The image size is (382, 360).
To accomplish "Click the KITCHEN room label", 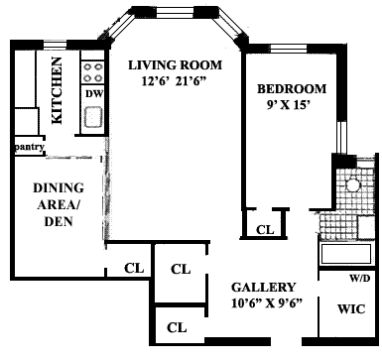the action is (58, 90).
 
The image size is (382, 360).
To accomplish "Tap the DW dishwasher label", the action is (94, 94).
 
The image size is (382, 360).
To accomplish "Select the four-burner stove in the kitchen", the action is (92, 72).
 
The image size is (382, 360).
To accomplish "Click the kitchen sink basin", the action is (93, 117).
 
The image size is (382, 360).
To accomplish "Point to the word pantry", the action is (30, 147).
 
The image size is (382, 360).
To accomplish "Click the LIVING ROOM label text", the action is (175, 65).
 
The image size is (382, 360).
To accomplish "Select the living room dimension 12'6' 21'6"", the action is (174, 81).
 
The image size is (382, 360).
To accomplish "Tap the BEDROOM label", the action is (292, 89).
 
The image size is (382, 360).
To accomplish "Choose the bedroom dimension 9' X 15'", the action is (290, 105).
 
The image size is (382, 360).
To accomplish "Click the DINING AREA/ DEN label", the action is (59, 204).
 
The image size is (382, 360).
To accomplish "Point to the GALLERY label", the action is (263, 288).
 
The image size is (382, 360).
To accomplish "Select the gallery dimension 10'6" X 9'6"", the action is (267, 303).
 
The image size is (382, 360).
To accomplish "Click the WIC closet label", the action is (351, 309).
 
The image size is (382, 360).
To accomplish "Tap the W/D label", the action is (360, 279).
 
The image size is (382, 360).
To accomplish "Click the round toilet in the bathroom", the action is (352, 184).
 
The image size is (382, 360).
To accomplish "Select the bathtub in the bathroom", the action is (346, 254).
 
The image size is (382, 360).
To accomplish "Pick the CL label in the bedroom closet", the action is (265, 229).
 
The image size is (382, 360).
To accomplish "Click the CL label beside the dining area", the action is (134, 268).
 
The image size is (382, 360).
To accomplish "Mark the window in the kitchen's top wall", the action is (56, 45).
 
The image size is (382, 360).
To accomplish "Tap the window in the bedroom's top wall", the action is (289, 49).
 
